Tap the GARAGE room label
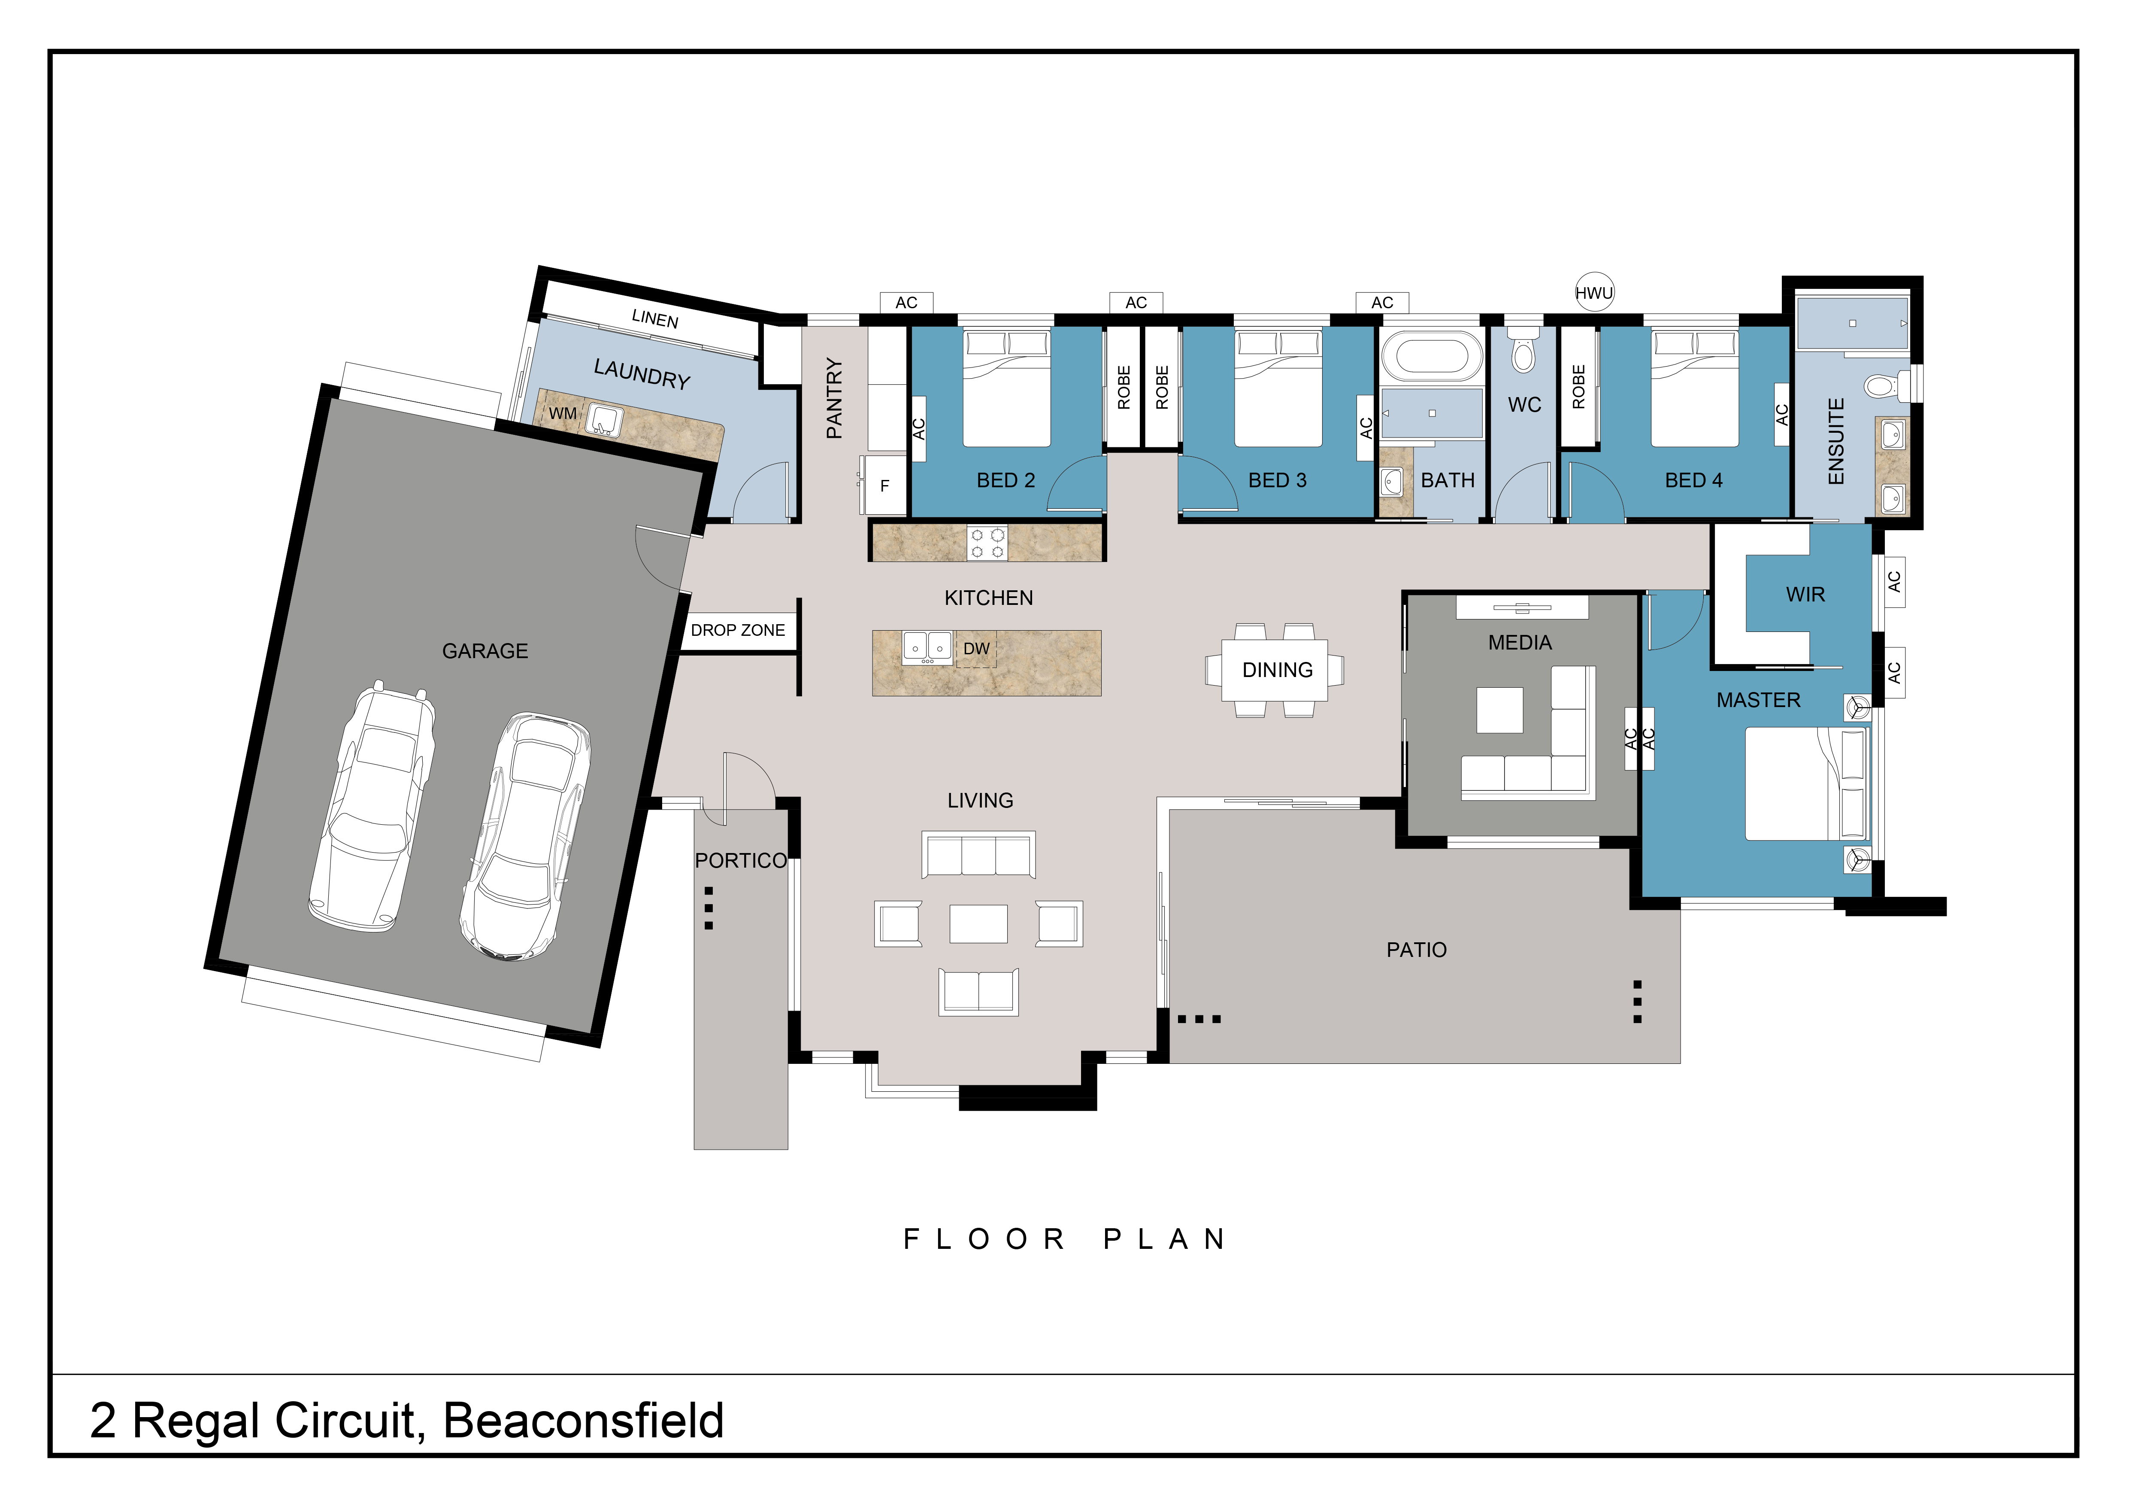[x=485, y=651]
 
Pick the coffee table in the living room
[x=978, y=923]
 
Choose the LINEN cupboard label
[x=654, y=319]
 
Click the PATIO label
[x=1416, y=950]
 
